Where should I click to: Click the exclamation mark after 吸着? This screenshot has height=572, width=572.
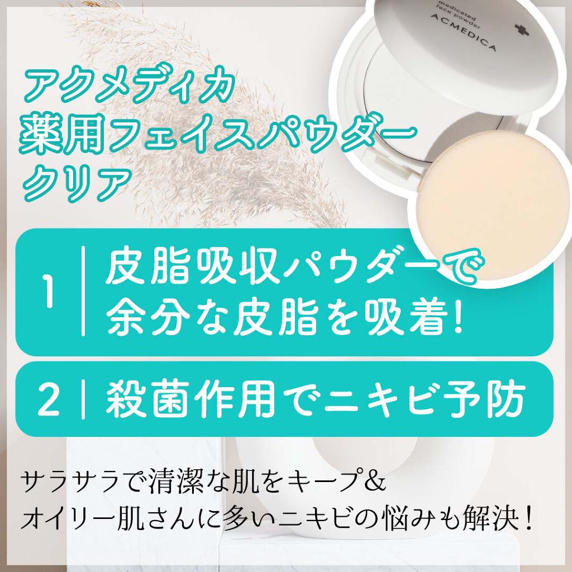click(459, 321)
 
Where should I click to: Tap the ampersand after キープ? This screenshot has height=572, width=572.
click(375, 482)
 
